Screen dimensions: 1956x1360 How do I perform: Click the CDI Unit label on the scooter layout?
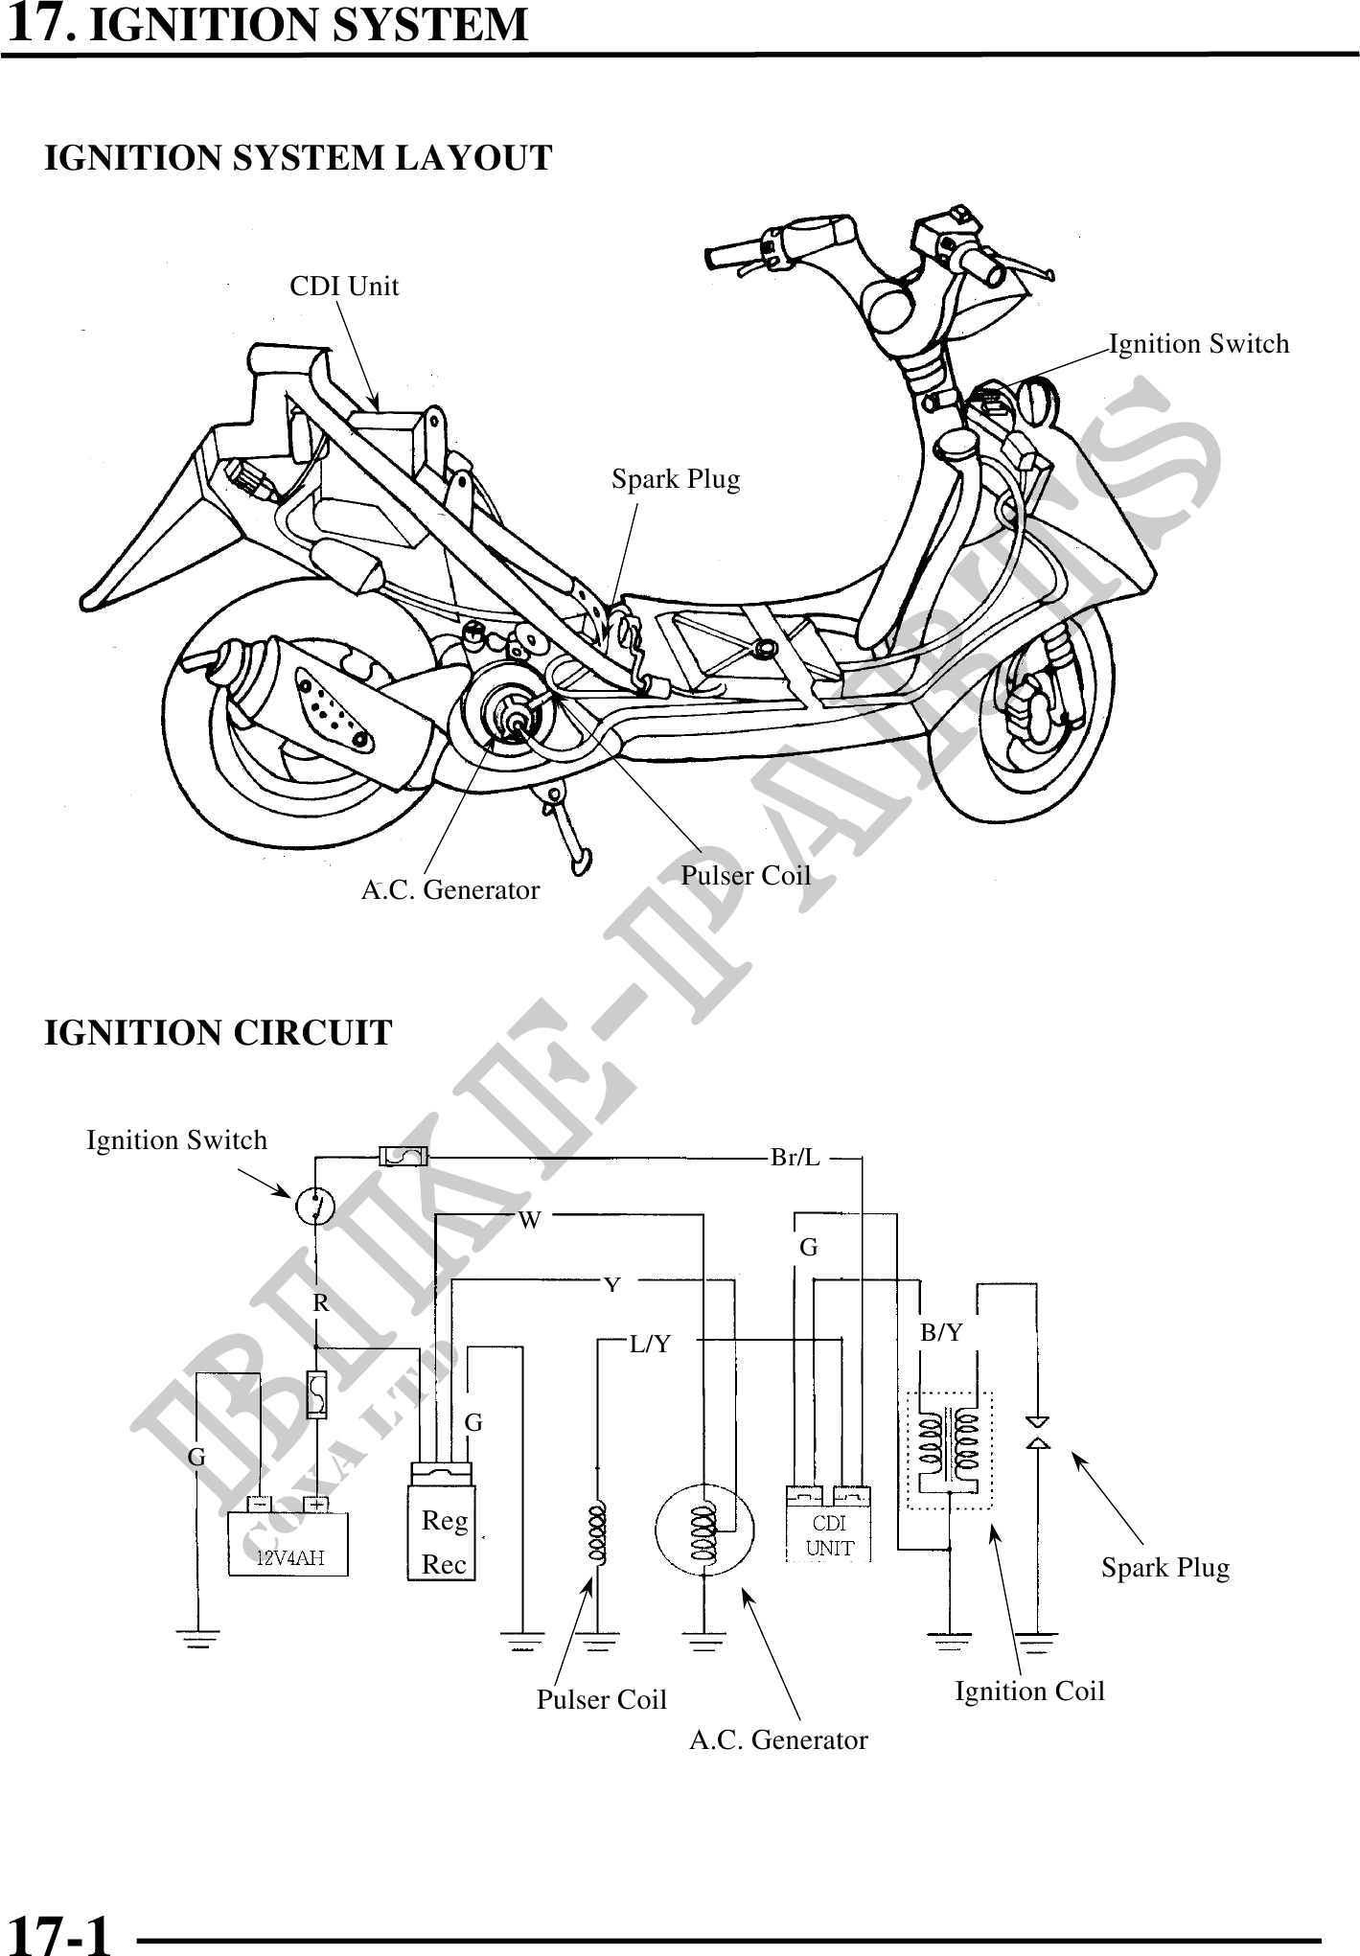click(344, 286)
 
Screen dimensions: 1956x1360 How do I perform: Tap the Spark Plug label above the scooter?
click(676, 478)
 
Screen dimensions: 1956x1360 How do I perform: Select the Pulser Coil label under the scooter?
click(746, 875)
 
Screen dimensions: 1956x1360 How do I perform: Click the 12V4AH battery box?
click(288, 1543)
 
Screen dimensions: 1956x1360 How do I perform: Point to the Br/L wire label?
click(795, 1158)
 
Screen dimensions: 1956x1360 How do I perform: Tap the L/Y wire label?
click(651, 1345)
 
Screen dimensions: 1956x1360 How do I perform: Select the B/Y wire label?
click(941, 1332)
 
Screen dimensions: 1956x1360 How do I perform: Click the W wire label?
click(530, 1220)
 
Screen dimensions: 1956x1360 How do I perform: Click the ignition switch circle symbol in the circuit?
click(315, 1205)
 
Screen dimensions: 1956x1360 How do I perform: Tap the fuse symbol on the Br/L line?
click(403, 1157)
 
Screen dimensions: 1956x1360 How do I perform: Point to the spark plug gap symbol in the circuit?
click(1037, 1431)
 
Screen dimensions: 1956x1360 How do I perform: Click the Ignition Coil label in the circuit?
click(1029, 1691)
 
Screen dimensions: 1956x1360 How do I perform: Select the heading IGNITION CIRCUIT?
click(219, 1033)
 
